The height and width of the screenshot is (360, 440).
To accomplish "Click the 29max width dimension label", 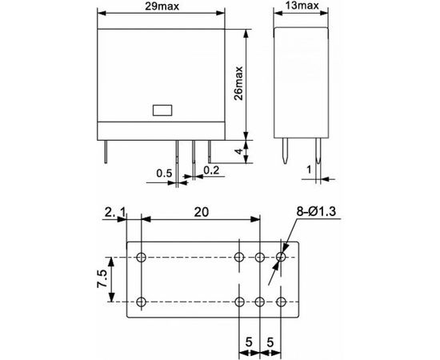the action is [162, 6].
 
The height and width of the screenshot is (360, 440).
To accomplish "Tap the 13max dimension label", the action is [302, 6].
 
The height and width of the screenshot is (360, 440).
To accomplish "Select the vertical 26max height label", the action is [238, 83].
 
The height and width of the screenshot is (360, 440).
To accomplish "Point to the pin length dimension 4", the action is [238, 151].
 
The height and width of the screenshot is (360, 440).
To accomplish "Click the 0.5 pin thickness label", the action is [164, 174].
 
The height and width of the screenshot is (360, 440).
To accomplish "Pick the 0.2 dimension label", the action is [211, 170].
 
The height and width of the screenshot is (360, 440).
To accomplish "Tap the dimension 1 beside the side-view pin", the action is [309, 170].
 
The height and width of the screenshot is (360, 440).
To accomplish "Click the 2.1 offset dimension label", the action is [115, 212].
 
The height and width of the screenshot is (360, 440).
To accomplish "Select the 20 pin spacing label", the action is [201, 212].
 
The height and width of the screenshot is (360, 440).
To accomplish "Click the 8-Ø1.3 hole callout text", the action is [316, 211].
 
